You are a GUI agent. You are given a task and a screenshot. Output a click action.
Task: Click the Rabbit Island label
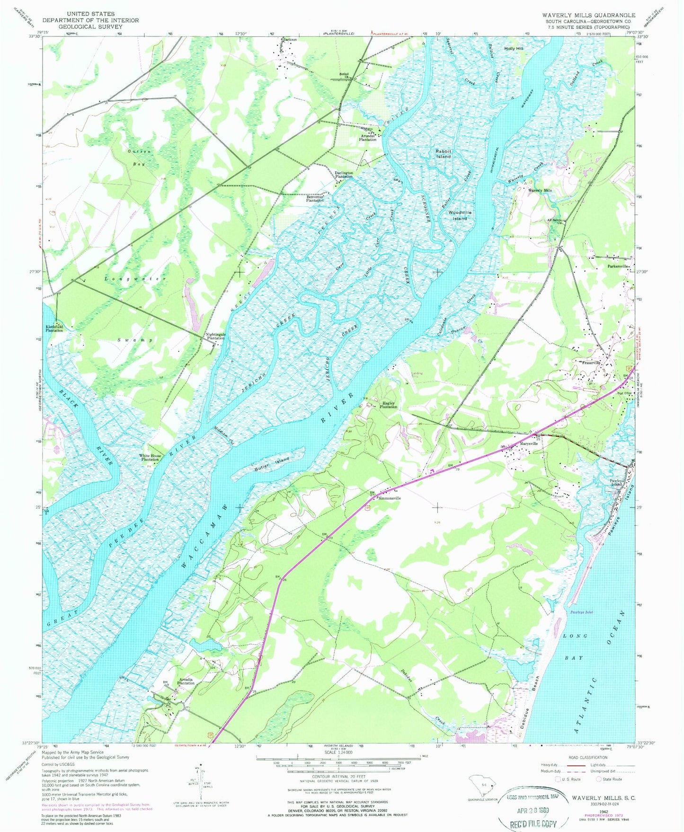pos(444,154)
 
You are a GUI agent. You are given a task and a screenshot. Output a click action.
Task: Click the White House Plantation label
pos(149,458)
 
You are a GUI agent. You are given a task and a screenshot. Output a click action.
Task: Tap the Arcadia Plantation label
pos(186,682)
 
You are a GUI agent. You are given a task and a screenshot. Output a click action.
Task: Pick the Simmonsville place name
pos(389,498)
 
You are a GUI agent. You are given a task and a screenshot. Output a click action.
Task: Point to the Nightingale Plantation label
pos(215,336)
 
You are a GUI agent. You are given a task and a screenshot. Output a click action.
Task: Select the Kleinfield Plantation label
pos(54,328)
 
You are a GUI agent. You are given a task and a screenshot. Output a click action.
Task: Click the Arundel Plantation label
pos(368,138)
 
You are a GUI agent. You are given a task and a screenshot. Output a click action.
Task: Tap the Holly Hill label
pos(514,49)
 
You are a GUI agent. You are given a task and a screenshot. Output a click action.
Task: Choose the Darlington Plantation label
pos(344,175)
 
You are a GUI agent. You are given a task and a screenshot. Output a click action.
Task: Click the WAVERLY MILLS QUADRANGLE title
pos(588,15)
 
